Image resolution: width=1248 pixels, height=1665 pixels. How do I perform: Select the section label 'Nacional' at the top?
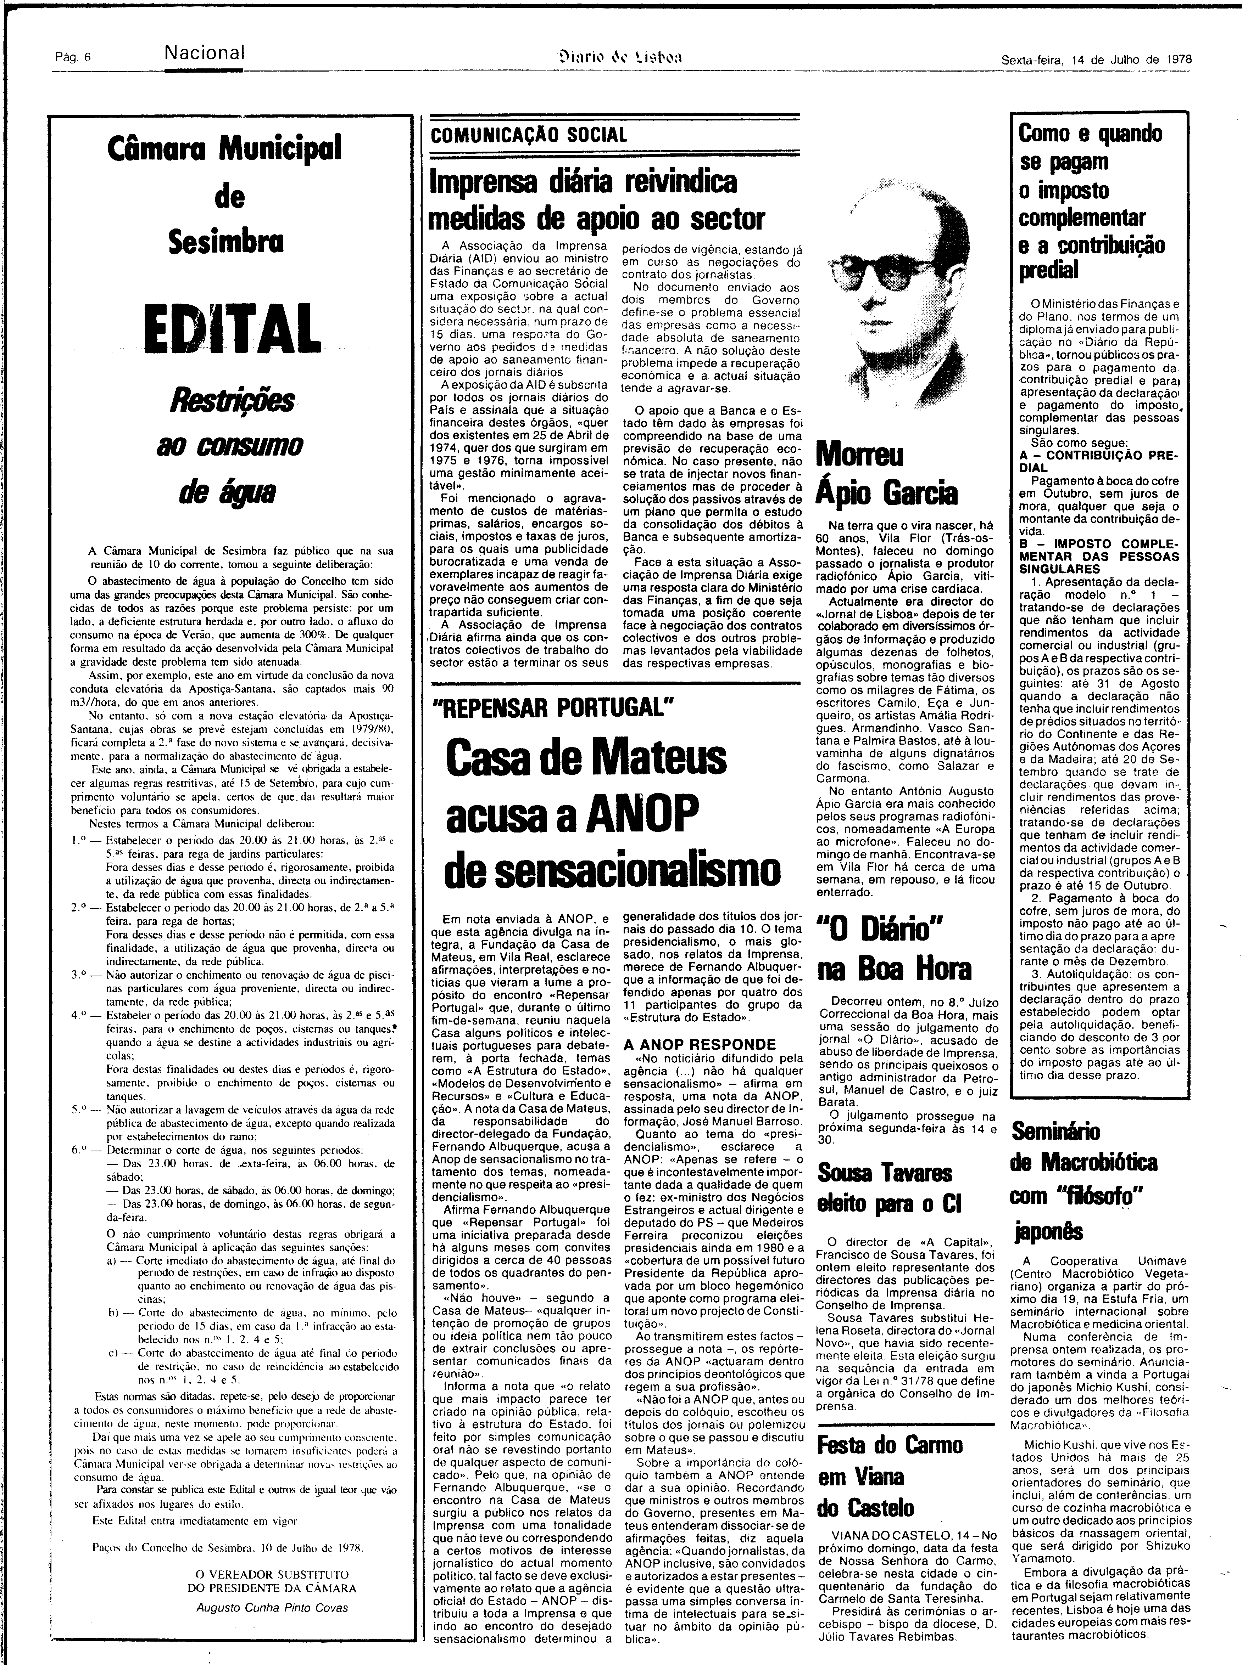click(205, 54)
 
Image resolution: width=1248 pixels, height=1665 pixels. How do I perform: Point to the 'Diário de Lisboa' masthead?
click(622, 57)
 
